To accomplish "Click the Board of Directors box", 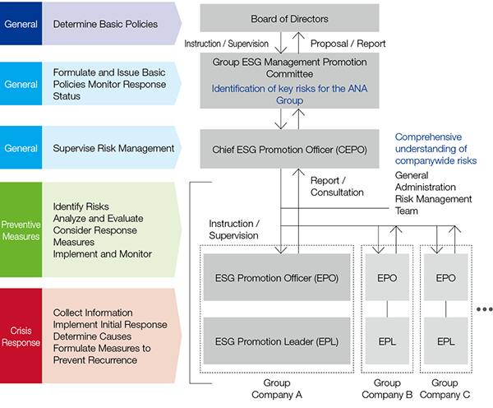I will tap(288, 18).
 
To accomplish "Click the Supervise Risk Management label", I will tap(113, 149).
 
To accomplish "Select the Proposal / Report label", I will tap(348, 44).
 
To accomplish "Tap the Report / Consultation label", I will tap(337, 186).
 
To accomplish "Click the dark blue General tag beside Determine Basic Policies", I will tap(21, 24).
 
